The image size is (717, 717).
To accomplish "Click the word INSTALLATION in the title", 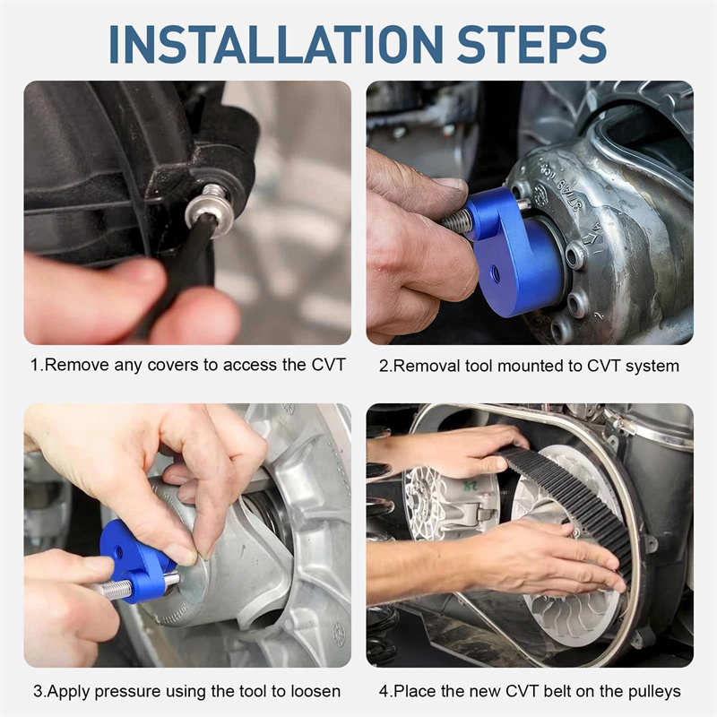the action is (276, 44).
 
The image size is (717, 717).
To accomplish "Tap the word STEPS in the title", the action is (531, 44).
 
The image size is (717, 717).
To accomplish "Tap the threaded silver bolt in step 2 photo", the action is (455, 220).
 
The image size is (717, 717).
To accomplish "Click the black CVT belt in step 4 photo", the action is (572, 503).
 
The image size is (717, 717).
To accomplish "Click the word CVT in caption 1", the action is (328, 365).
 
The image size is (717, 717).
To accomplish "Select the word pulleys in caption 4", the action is (654, 692).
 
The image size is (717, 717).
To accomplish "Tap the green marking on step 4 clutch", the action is (472, 486).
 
